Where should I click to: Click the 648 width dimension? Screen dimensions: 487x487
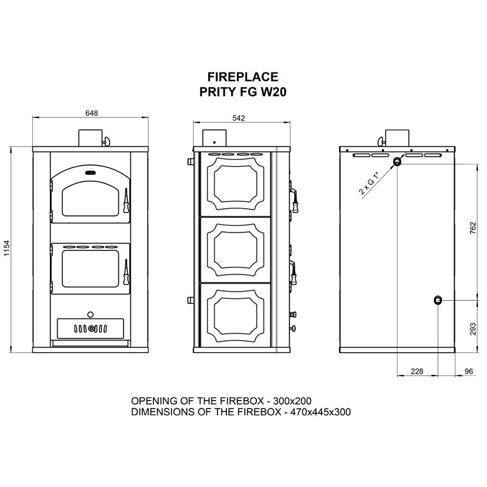click(92, 113)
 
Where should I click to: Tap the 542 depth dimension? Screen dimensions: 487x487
click(239, 118)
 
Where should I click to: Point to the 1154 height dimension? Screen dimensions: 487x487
click(7, 248)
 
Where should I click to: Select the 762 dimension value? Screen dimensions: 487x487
click(473, 228)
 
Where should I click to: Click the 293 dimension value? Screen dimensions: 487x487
click(473, 329)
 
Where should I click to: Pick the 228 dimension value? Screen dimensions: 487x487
click(417, 371)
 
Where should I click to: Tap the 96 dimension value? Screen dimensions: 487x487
click(469, 371)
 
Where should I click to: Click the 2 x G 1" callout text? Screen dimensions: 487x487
click(370, 183)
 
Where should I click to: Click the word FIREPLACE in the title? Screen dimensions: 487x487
click(243, 77)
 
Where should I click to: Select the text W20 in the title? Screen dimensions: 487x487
click(273, 92)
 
